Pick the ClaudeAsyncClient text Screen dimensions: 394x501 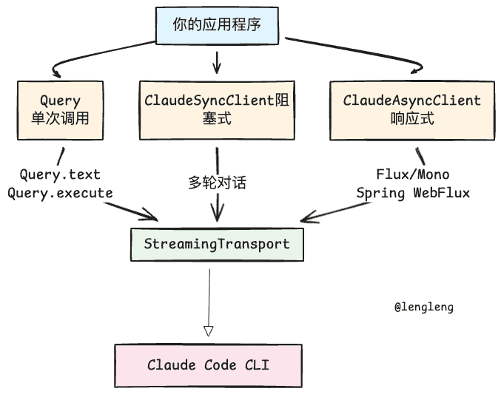click(412, 100)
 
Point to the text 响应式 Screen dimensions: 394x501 click(412, 118)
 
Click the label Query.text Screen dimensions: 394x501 click(60, 174)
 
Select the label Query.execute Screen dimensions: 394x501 click(60, 192)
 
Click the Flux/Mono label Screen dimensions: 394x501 click(413, 174)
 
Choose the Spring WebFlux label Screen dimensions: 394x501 click(413, 192)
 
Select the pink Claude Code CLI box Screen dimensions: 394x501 click(208, 364)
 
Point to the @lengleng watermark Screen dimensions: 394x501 click(424, 307)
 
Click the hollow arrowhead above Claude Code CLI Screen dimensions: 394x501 click(209, 330)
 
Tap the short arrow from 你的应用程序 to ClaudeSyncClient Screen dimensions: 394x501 click(216, 62)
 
